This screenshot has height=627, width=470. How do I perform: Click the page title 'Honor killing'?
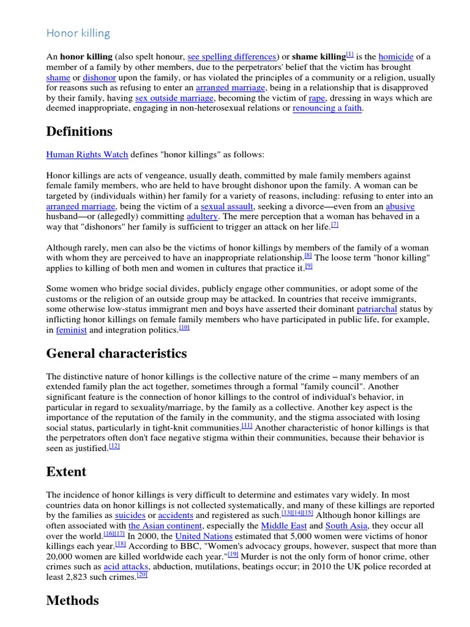pyautogui.click(x=78, y=33)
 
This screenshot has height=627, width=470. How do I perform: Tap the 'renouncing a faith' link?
pyautogui.click(x=327, y=108)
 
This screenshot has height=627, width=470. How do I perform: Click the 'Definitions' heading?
pyautogui.click(x=79, y=132)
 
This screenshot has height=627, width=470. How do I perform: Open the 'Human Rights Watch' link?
pyautogui.click(x=83, y=155)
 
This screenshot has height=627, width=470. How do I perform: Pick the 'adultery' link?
pyautogui.click(x=201, y=217)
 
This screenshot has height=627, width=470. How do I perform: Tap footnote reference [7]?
pyautogui.click(x=335, y=225)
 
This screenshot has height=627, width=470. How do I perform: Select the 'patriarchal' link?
pyautogui.click(x=377, y=310)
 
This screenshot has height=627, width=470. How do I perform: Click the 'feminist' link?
pyautogui.click(x=72, y=331)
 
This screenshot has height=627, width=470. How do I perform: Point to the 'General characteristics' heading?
pyautogui.click(x=116, y=354)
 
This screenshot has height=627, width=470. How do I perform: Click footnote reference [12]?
pyautogui.click(x=114, y=446)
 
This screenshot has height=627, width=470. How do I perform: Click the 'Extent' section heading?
pyautogui.click(x=66, y=472)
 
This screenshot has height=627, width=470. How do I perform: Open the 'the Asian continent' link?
pyautogui.click(x=165, y=526)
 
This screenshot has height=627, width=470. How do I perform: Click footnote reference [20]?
pyautogui.click(x=142, y=576)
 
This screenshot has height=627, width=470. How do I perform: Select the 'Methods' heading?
pyautogui.click(x=72, y=601)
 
